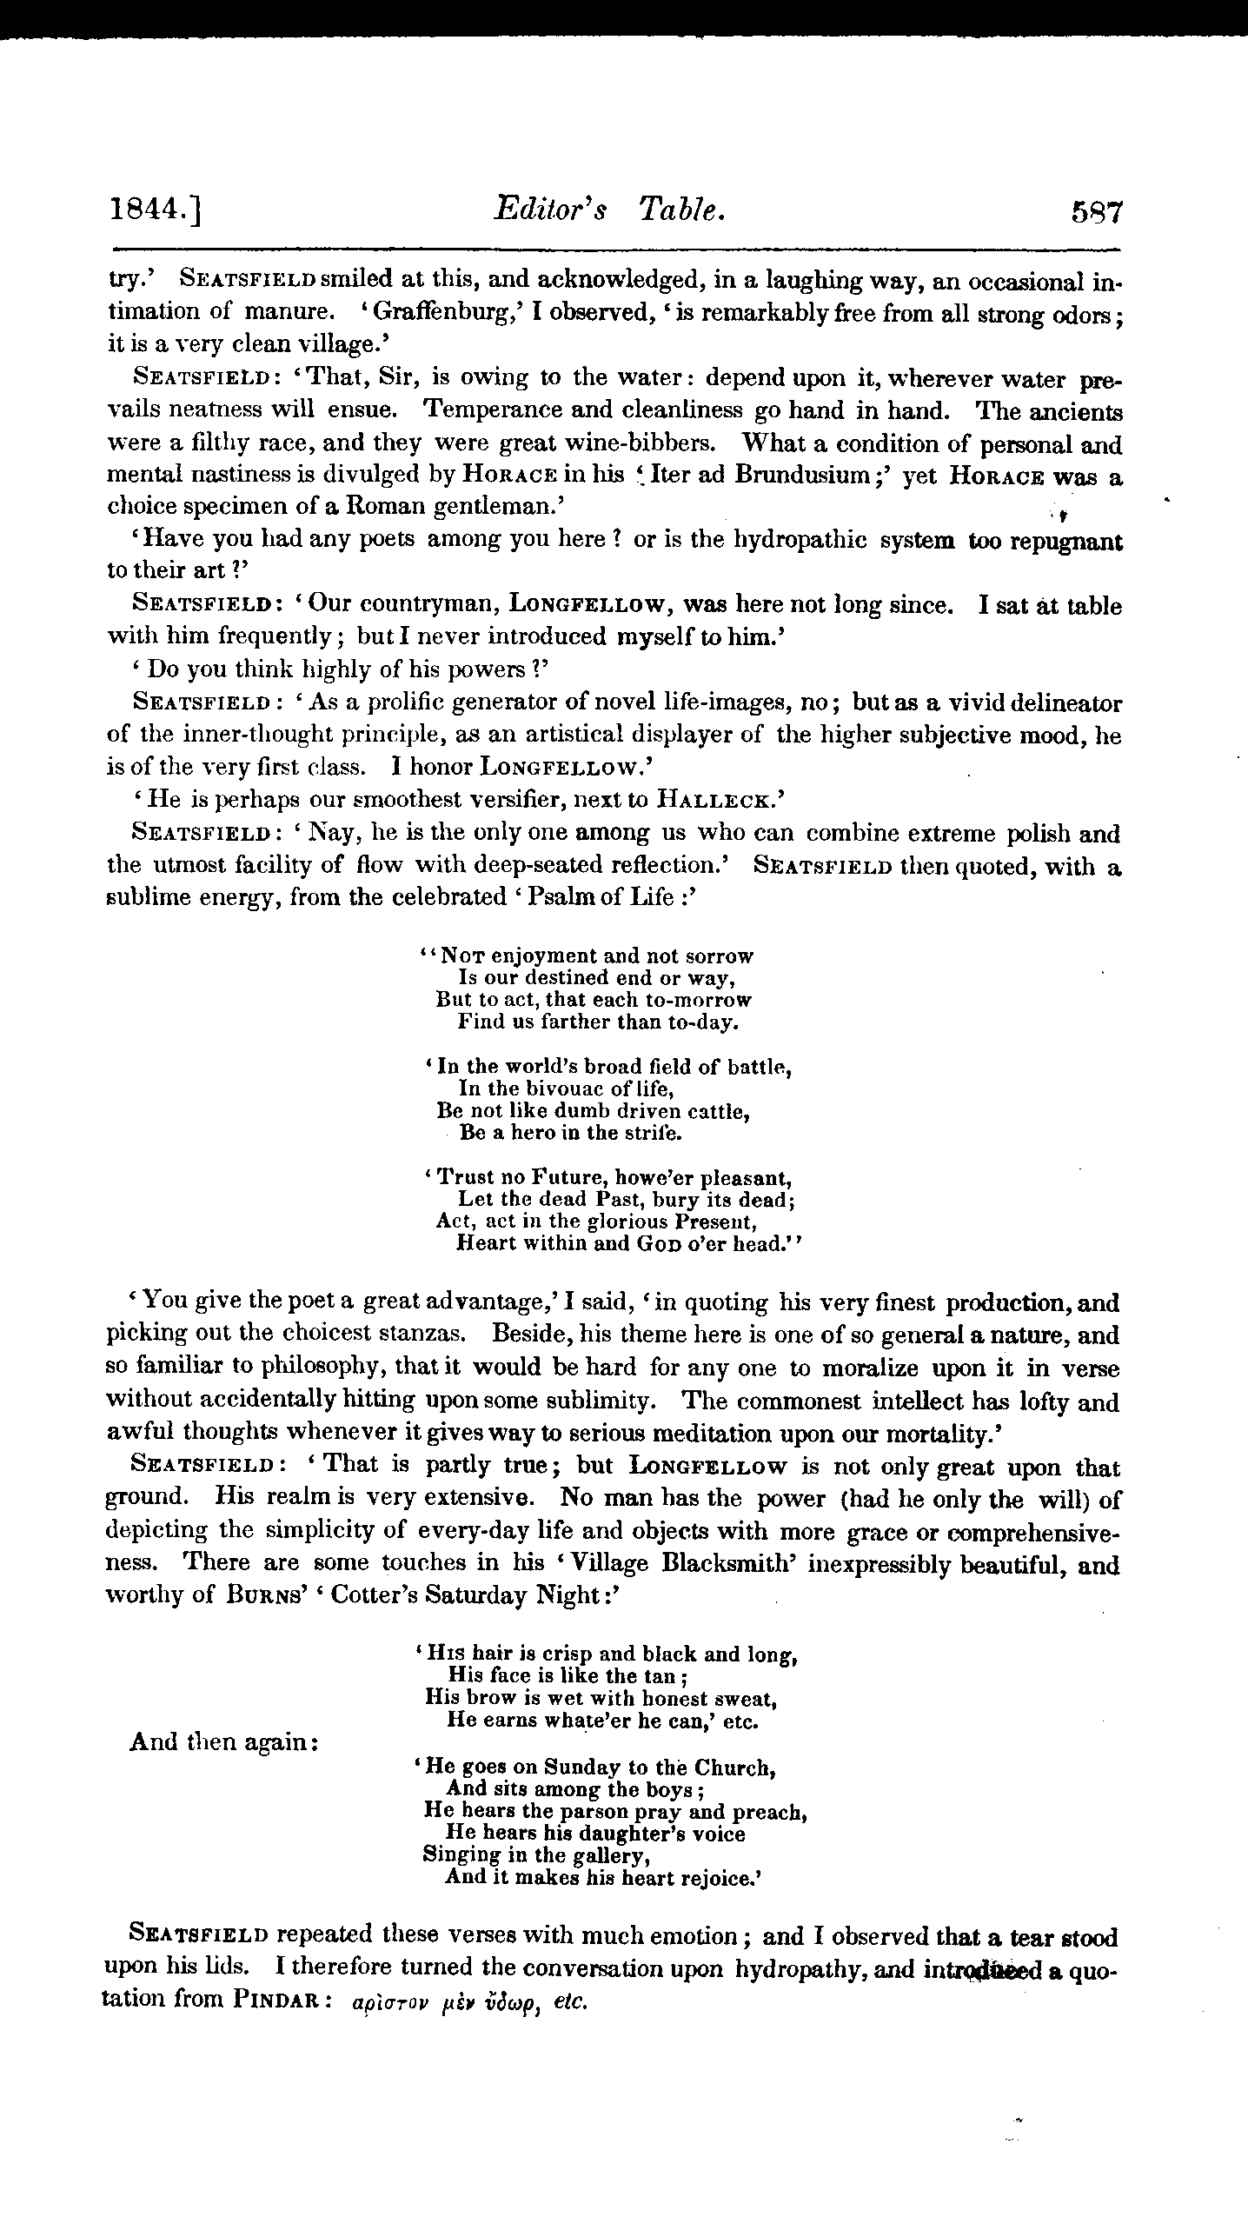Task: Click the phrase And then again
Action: pyautogui.click(x=222, y=1741)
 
